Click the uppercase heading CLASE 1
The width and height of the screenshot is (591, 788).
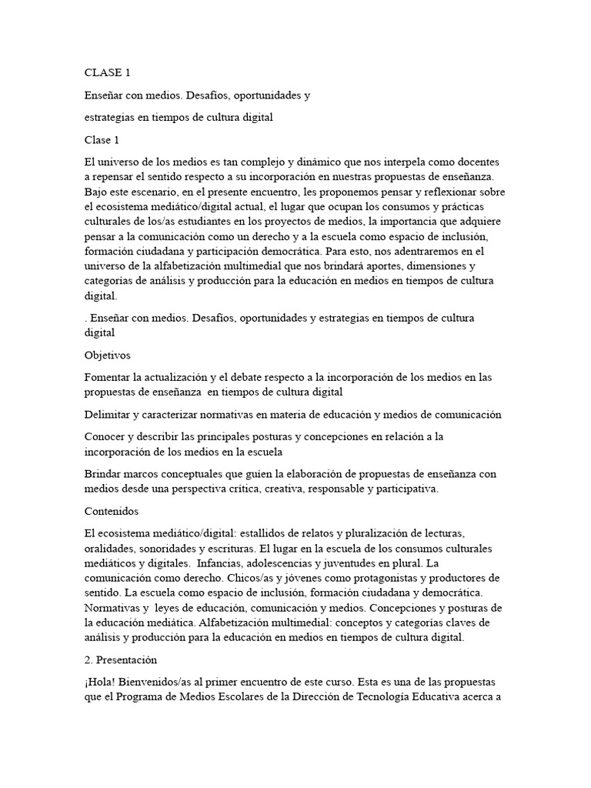tap(107, 73)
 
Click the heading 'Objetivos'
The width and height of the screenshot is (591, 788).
tap(108, 356)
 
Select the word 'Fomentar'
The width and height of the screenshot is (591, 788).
tap(107, 378)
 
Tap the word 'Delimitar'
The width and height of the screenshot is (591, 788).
tap(107, 415)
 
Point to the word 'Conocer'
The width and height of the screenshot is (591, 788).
tap(105, 437)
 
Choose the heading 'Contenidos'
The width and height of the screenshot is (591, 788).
tap(111, 511)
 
